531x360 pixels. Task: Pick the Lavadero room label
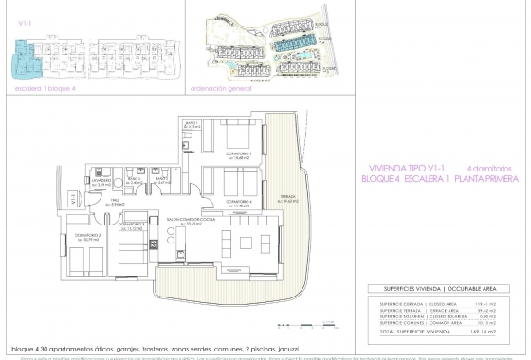[103, 179]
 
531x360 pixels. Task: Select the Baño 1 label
[192, 125]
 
